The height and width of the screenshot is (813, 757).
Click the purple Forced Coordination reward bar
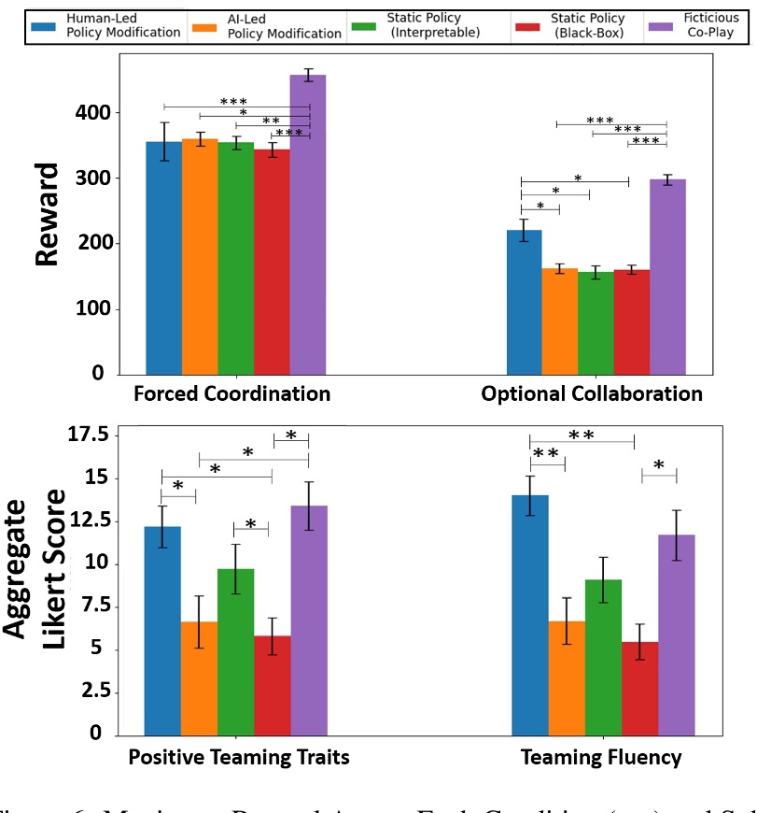click(307, 224)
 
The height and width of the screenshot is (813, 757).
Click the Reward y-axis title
click(47, 214)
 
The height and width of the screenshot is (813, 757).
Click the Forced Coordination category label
click(231, 393)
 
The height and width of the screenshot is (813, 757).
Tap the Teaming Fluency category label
click(602, 757)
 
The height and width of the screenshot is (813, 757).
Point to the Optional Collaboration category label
click(592, 393)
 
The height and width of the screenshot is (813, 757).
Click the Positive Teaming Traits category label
click(238, 757)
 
